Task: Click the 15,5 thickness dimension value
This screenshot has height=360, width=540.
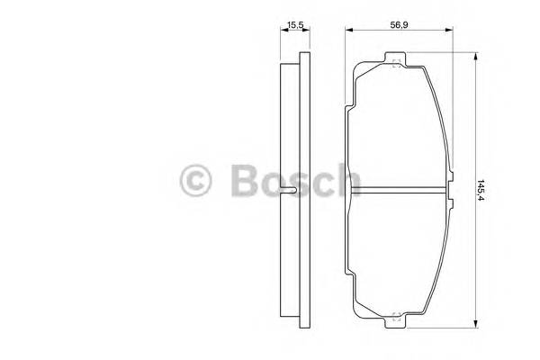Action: pos(292,26)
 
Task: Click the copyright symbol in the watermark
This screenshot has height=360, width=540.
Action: pos(197,181)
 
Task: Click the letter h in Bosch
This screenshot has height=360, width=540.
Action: pos(346,181)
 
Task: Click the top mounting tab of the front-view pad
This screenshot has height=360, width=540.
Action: pos(395,62)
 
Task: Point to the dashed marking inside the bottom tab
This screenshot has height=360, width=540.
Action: pos(395,314)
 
